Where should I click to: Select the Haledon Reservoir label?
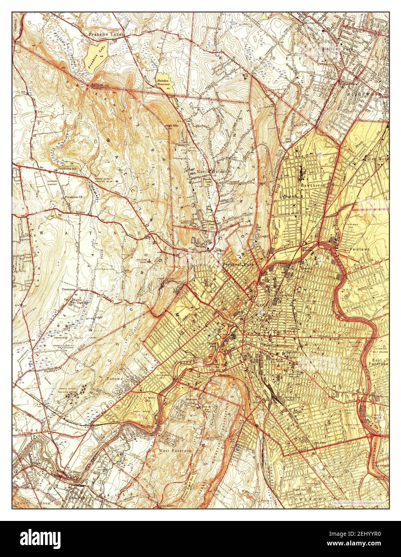(163, 82)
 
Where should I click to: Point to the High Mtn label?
(171, 126)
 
